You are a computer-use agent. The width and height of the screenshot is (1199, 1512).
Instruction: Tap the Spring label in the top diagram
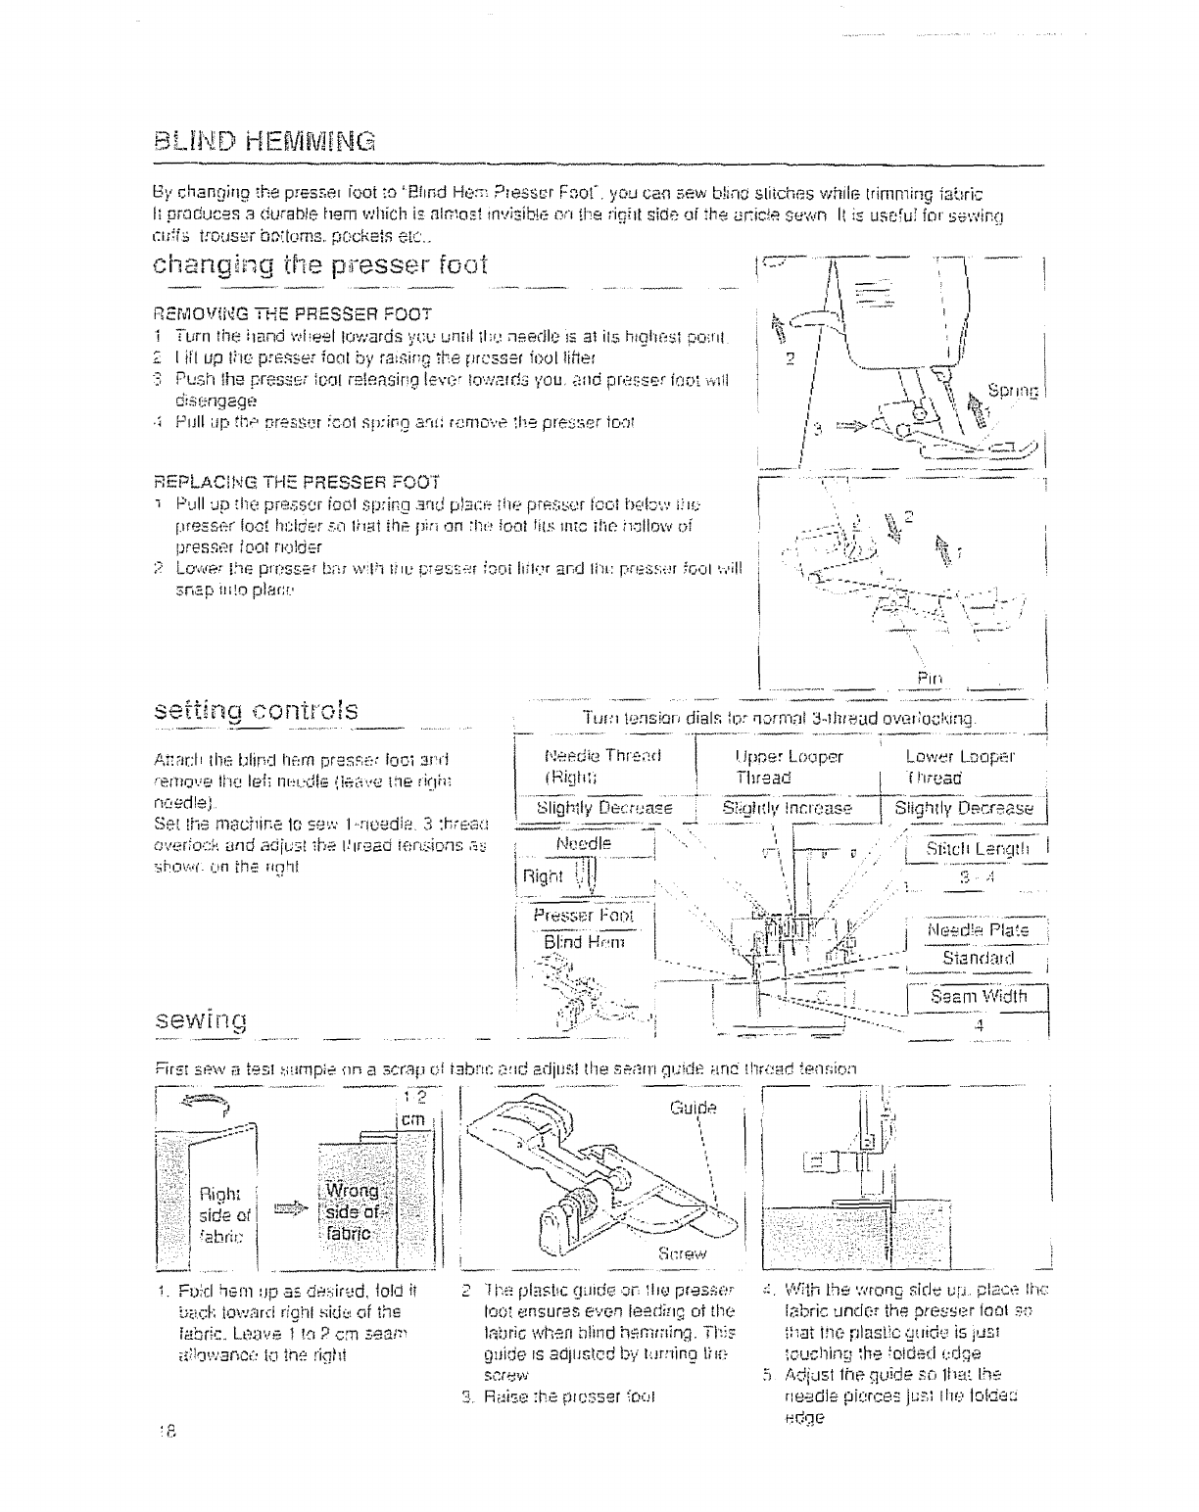1026,391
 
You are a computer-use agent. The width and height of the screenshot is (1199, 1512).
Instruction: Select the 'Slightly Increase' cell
787,808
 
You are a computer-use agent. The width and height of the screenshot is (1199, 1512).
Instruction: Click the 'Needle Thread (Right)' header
597,767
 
